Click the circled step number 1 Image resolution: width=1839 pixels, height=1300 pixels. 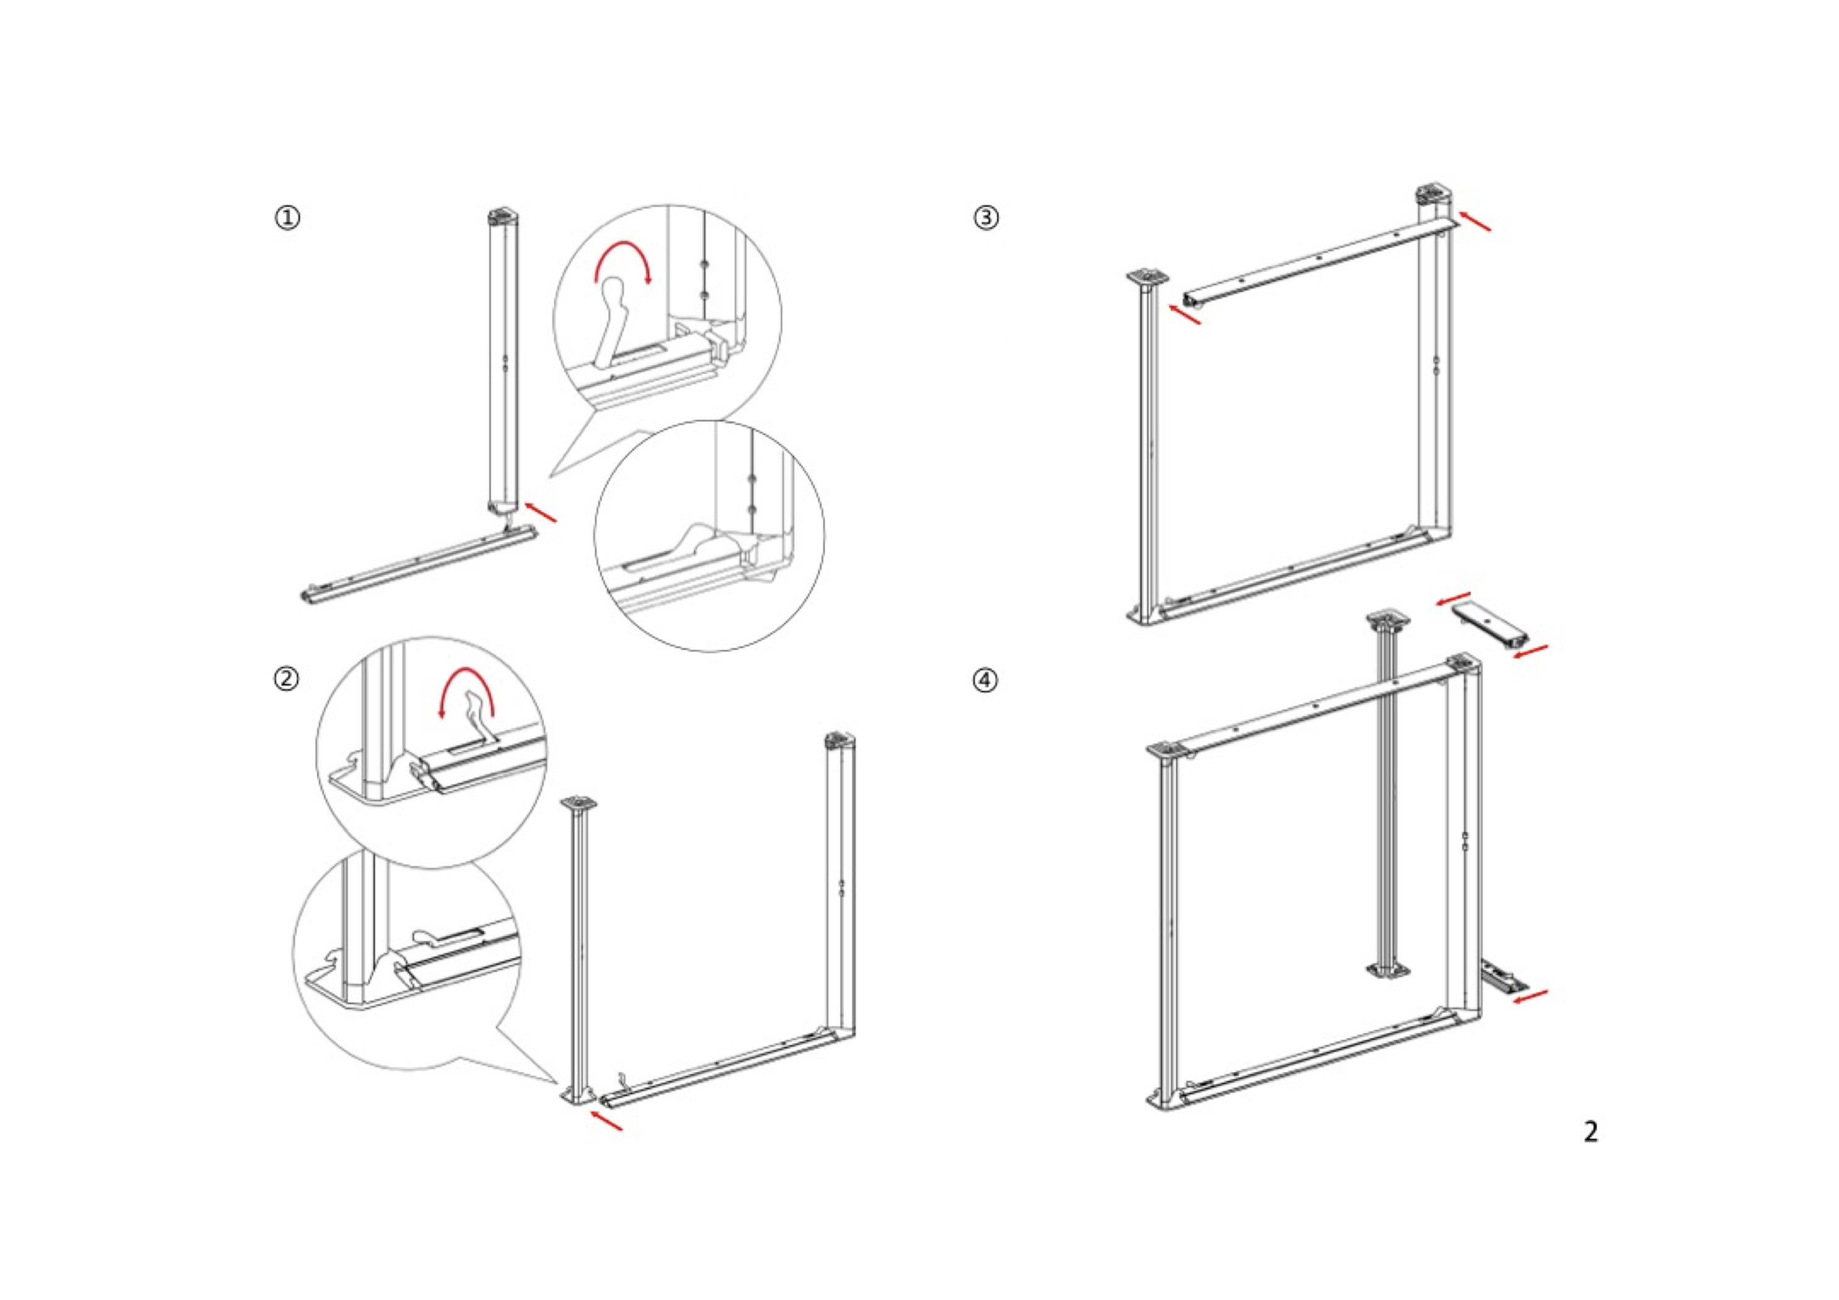[x=287, y=218]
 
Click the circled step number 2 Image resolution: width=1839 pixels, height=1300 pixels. [x=287, y=679]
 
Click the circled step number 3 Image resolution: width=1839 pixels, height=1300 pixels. [x=986, y=218]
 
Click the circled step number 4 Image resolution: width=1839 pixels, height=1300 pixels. [x=986, y=681]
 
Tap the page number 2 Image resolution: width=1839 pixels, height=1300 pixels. [x=1591, y=1132]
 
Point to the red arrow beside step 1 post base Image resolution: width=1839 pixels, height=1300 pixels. [x=541, y=512]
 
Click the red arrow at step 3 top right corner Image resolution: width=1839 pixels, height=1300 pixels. [x=1476, y=222]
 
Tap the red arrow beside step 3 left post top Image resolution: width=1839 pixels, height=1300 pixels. [x=1184, y=314]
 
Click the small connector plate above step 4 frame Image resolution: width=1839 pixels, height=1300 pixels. [x=1489, y=627]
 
